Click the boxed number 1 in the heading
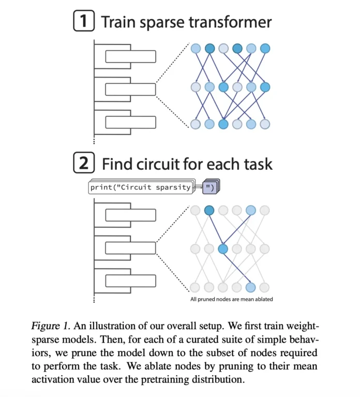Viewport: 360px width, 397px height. point(84,22)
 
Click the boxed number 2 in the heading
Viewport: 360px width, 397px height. point(84,164)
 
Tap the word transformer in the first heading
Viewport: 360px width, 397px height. point(226,22)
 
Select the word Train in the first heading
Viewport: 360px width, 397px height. point(122,22)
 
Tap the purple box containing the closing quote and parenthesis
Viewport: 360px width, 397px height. point(209,187)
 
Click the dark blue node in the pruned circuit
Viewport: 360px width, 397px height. point(209,210)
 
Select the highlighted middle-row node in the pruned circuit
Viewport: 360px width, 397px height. point(223,249)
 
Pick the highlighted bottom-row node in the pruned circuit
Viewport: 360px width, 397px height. point(251,287)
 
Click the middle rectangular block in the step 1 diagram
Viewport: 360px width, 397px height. point(130,90)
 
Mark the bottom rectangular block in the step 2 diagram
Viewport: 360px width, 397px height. point(130,281)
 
